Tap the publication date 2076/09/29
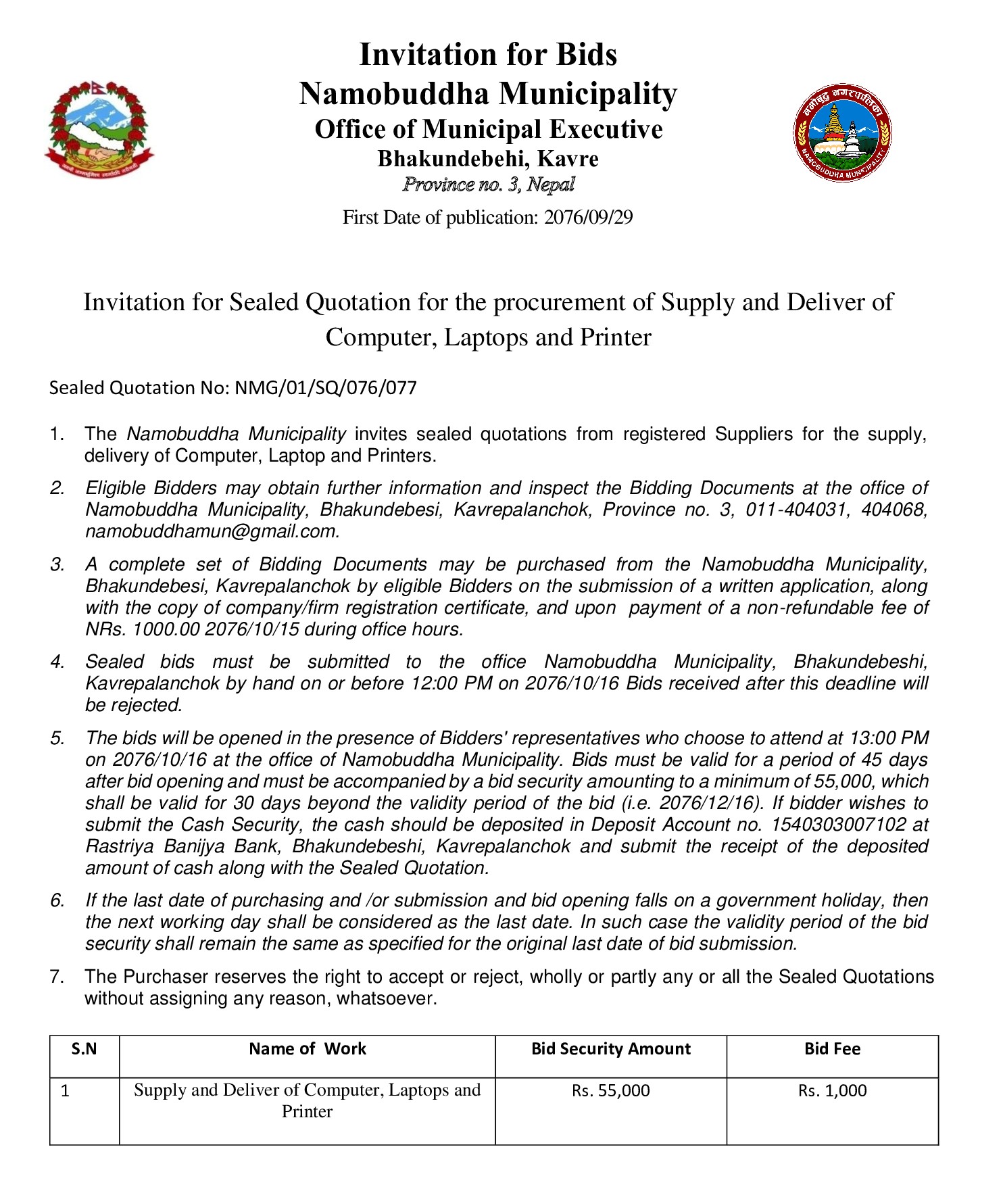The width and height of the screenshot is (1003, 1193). [588, 218]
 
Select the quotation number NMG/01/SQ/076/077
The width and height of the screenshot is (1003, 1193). [325, 388]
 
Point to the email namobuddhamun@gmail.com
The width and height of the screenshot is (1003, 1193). [211, 532]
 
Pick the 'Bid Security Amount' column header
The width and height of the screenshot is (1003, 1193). [610, 1049]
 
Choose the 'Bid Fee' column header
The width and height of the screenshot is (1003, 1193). [832, 1049]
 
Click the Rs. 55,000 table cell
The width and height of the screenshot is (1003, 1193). [610, 1090]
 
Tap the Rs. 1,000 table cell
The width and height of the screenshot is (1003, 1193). [832, 1090]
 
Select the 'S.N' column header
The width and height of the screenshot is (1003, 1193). [84, 1049]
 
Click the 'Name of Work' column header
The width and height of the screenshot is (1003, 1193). [307, 1049]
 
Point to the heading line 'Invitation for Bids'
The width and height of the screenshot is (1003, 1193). [488, 54]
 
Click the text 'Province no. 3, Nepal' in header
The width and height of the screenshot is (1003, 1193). [488, 185]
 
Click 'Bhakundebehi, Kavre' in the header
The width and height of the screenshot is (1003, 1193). [488, 159]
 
